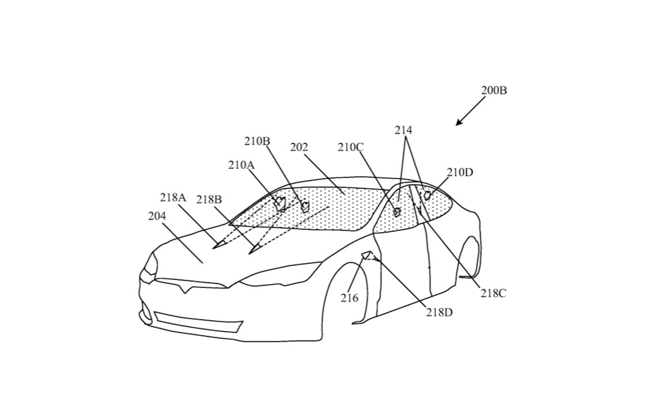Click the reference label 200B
(x=494, y=90)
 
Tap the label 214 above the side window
(x=403, y=130)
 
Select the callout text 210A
(x=242, y=165)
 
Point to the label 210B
(x=257, y=141)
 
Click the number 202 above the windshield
(x=299, y=147)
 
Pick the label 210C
(x=351, y=147)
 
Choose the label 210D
(x=460, y=172)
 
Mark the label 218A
(x=173, y=198)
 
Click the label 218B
(x=209, y=199)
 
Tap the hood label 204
(x=157, y=216)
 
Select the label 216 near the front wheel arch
(x=349, y=298)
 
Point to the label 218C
(x=493, y=293)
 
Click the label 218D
(x=439, y=312)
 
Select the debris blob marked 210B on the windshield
(x=305, y=207)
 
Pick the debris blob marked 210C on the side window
(x=397, y=212)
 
